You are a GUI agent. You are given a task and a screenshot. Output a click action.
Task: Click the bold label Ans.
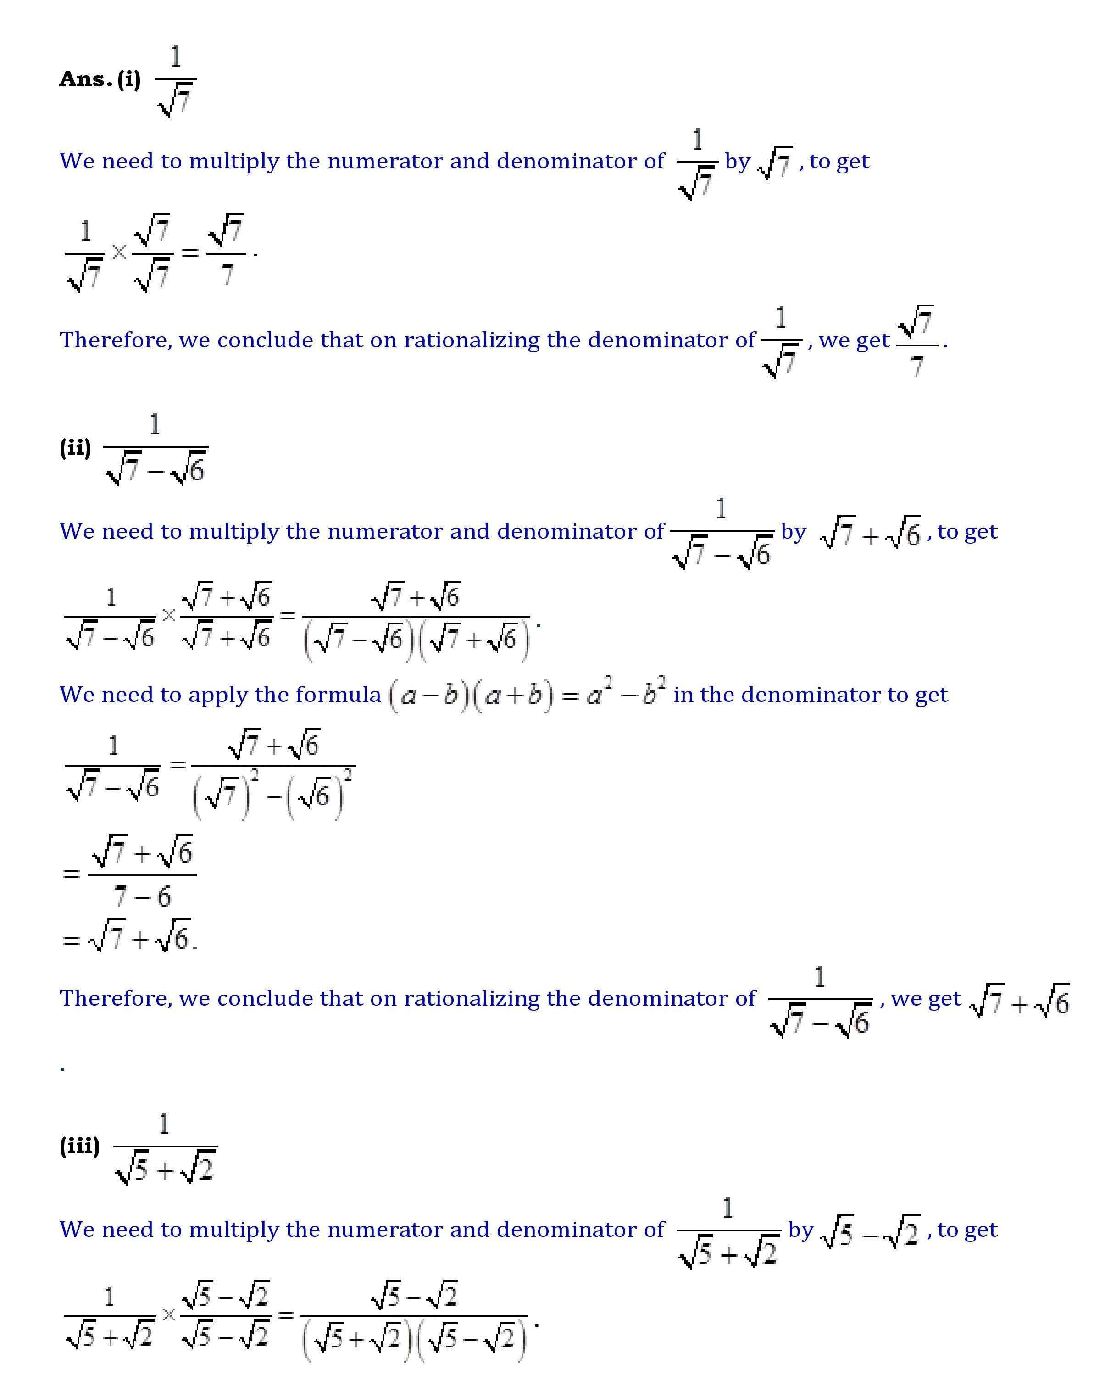[x=85, y=79]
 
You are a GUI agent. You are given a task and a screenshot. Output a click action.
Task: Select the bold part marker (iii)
[x=79, y=1146]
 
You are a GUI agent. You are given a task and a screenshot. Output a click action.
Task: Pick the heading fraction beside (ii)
[x=155, y=450]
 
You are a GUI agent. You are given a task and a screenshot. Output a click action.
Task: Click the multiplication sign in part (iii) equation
[x=168, y=1315]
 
